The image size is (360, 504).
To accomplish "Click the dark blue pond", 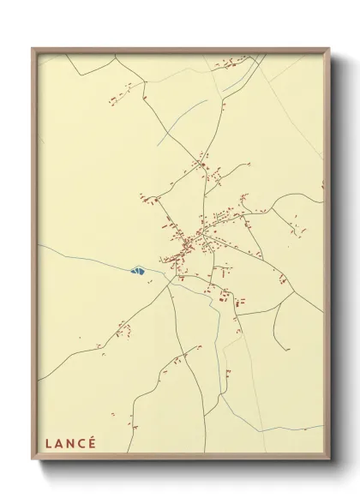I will coord(136,272).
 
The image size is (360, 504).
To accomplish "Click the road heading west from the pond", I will coord(86,257).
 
